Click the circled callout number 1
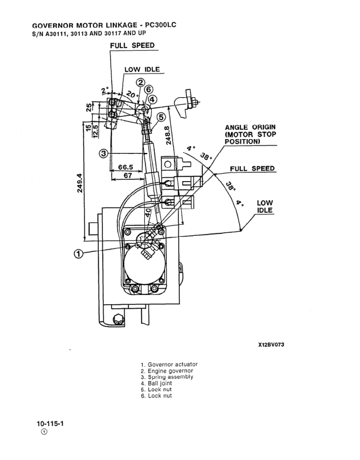pos(78,254)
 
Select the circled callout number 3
pos(104,153)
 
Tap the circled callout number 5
pos(161,117)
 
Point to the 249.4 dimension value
pos(80,183)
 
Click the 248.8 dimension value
pos(168,135)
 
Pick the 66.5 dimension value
pos(125,167)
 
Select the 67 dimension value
pos(128,175)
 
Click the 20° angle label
pos(132,94)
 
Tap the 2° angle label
pos(105,90)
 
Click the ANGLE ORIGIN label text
pos(250,127)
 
